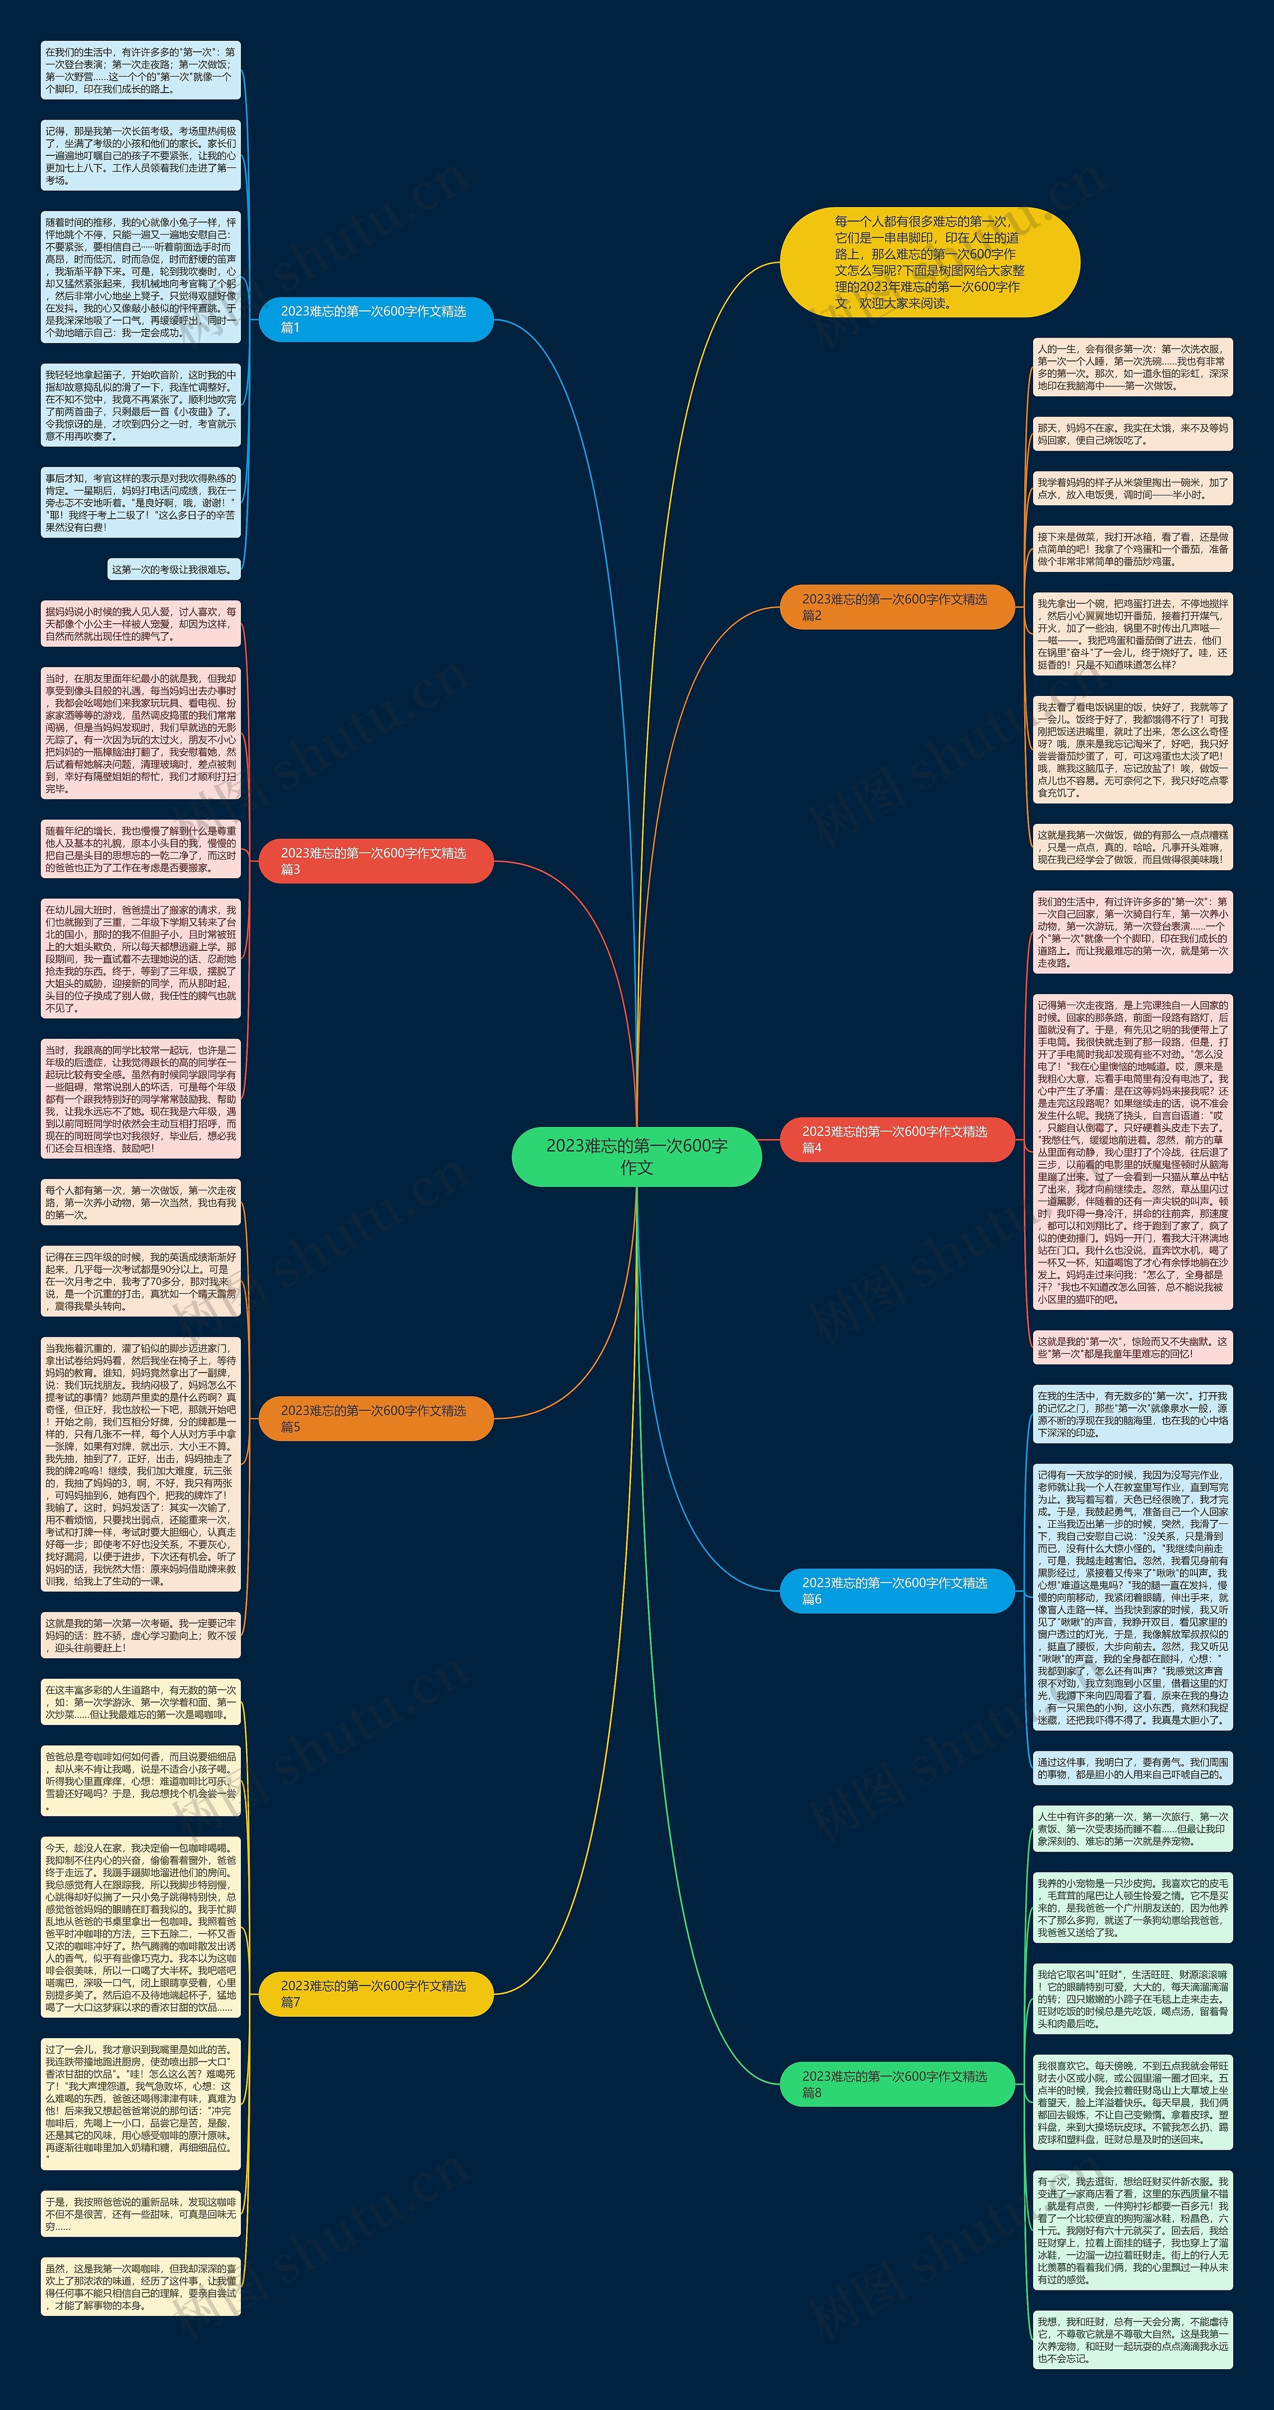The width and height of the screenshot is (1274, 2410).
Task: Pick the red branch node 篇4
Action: coord(896,1139)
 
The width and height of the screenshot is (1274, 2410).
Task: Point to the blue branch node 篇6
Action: coord(896,1591)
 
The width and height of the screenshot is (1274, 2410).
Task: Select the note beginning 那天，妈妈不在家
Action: coord(1132,433)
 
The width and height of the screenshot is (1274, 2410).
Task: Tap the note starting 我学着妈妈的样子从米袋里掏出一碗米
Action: coord(1132,488)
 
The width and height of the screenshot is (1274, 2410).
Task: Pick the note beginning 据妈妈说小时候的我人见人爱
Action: coord(140,624)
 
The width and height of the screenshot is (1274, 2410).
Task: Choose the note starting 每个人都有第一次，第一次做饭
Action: coord(140,1202)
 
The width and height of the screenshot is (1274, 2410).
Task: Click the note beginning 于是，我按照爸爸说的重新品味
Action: coord(140,2213)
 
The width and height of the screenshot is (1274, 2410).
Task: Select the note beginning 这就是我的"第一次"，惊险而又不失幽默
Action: coord(1132,1347)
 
